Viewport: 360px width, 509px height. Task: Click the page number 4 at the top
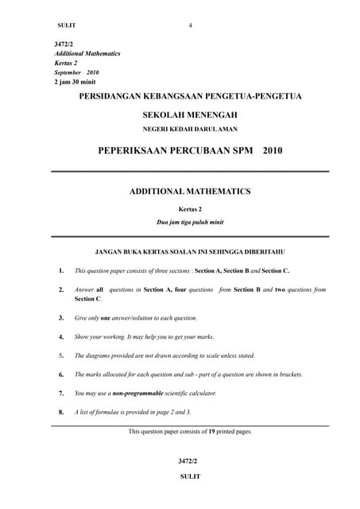[191, 25]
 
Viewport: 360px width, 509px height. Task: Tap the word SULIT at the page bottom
[190, 476]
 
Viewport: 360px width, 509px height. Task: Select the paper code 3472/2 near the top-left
[63, 44]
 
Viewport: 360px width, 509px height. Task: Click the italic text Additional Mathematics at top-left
[87, 53]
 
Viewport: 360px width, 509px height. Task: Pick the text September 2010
[76, 72]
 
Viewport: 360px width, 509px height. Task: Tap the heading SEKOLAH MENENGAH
[190, 115]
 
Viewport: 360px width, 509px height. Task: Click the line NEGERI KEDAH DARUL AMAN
[190, 129]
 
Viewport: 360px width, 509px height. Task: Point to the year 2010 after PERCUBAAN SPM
[272, 150]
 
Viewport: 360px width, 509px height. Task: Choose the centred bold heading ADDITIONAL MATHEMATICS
[190, 192]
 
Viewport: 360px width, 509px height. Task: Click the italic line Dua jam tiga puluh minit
[190, 222]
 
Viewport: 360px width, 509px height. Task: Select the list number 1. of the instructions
[61, 270]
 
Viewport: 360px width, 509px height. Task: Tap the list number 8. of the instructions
[61, 412]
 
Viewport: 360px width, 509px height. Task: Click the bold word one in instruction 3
[105, 318]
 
